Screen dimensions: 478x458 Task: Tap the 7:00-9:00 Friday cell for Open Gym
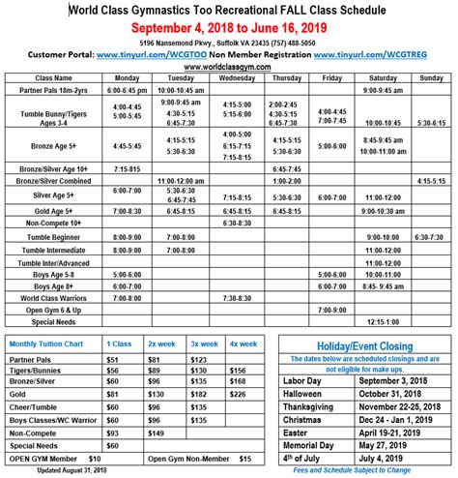331,309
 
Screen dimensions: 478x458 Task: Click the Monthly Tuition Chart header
54,344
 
